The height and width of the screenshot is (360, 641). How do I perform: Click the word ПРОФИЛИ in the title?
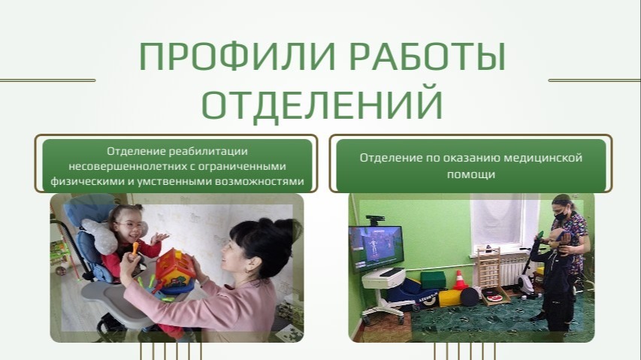pos(237,56)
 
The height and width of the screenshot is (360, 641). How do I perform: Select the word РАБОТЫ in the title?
pos(428,56)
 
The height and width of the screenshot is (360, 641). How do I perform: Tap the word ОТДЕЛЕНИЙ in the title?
pos(322,104)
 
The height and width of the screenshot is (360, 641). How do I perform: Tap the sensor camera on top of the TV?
pos(375,219)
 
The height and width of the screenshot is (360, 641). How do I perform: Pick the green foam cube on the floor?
pos(433,280)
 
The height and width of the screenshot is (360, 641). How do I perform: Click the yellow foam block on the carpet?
pos(449,298)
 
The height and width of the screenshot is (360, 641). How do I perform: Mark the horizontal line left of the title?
pos(47,80)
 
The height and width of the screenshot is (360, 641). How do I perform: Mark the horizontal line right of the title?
pos(594,80)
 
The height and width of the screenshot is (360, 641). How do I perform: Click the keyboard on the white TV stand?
pos(392,272)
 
